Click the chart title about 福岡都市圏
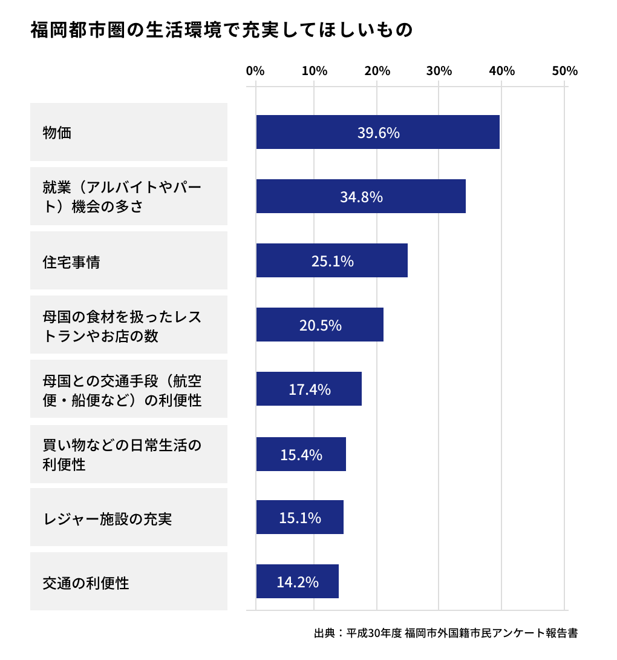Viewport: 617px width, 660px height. pos(221,30)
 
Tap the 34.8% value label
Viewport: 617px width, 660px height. pos(361,197)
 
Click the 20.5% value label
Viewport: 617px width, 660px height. pos(320,325)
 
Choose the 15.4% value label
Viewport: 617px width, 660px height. pos(301,454)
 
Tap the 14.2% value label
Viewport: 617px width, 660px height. pos(297,582)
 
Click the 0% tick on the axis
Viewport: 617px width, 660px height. pos(255,71)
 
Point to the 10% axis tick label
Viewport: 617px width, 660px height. pos(315,71)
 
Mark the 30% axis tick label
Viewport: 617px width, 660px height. pos(439,71)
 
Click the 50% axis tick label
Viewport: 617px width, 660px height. pos(564,71)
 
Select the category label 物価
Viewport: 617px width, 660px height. pos(57,132)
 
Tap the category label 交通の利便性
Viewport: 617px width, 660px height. pos(86,582)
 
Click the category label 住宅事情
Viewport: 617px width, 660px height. pos(71,262)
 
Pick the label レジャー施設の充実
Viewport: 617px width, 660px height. pos(108,519)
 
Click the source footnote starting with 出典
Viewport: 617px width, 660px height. pos(445,633)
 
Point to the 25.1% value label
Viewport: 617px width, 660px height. pos(332,261)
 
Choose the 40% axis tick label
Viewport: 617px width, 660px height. pos(501,71)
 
